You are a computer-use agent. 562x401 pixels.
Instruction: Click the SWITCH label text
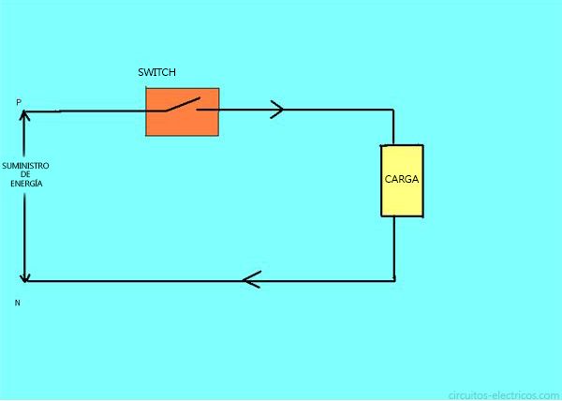point(156,72)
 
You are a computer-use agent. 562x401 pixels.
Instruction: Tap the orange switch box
point(183,111)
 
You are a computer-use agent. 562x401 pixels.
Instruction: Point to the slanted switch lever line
point(182,104)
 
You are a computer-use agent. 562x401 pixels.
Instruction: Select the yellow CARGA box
point(402,181)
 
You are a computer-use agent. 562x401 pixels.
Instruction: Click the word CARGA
point(402,179)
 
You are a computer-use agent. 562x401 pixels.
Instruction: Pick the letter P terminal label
point(19,102)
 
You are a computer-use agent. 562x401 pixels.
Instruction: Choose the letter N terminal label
point(17,303)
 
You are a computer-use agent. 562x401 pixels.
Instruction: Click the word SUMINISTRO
point(25,166)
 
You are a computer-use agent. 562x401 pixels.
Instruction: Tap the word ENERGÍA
point(26,183)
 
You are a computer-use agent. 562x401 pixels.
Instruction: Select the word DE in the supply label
point(25,174)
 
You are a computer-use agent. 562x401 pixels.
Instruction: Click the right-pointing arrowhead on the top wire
point(277,110)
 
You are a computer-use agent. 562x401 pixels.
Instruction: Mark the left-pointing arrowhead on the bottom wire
point(252,279)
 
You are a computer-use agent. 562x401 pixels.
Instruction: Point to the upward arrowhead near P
point(24,116)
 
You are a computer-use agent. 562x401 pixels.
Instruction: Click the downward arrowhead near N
point(24,277)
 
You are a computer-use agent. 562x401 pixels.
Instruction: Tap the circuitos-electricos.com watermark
point(504,395)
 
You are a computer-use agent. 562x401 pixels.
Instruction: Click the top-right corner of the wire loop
point(393,110)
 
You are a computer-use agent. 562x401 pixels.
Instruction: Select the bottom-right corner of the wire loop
point(394,280)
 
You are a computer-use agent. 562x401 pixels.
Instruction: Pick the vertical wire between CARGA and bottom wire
point(394,248)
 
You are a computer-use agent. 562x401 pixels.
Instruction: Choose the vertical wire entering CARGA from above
point(393,126)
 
